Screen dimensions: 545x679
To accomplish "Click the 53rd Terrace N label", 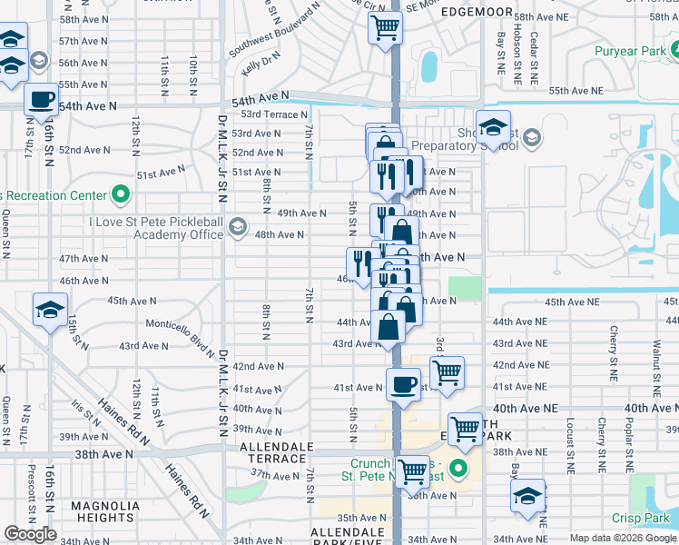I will coord(274,114).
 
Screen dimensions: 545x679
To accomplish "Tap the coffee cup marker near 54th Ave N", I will coord(41,99).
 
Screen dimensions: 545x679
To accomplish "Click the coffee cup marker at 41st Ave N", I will coord(403,383).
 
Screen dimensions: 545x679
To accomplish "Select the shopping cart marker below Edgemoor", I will coord(385,28).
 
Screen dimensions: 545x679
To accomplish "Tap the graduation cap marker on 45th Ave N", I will coord(50,309).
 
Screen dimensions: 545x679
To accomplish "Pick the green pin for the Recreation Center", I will coord(120,195).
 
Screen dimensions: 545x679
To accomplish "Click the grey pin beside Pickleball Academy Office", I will coord(238,226).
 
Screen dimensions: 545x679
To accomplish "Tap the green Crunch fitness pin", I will coord(459,470).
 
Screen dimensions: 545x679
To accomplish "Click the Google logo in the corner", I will coord(30,534).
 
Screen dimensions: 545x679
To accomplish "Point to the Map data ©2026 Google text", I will coord(623,538).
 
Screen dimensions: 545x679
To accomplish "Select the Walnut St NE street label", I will coord(654,345).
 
